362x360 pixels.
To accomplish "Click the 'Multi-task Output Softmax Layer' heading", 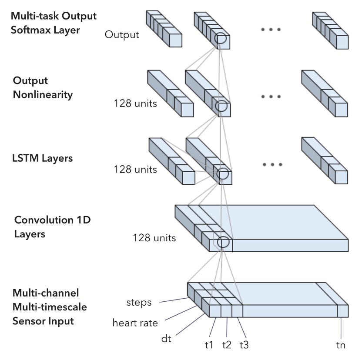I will tap(54, 23).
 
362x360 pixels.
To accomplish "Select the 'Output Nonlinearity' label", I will tap(43, 88).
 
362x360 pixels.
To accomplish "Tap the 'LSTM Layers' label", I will tap(43, 158).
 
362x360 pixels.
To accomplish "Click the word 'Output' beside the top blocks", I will tap(122, 35).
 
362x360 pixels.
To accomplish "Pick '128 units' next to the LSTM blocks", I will tap(135, 170).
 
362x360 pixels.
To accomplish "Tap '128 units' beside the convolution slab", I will tap(154, 238).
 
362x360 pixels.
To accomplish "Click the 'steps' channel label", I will tap(139, 302).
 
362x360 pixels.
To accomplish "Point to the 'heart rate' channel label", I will tap(135, 323).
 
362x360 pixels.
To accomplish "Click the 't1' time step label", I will tap(209, 345).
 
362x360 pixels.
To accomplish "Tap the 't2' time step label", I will tap(227, 345).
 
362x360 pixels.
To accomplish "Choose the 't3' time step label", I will tap(245, 345).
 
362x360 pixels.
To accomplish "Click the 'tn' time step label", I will tap(341, 345).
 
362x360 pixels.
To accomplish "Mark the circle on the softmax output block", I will tap(221, 39).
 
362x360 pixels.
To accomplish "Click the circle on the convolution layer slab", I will tap(223, 243).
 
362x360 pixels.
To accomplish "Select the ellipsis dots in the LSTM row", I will tap(272, 165).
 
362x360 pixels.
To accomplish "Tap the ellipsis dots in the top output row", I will tap(271, 30).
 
